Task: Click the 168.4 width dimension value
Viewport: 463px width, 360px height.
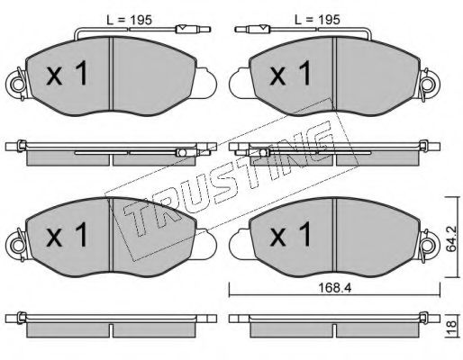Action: [334, 288]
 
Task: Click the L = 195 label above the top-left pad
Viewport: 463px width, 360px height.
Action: [130, 20]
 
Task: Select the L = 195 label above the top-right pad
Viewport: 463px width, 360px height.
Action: [317, 20]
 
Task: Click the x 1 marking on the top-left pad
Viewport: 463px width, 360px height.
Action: [67, 73]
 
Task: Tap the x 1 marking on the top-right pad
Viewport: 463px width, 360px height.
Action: [291, 73]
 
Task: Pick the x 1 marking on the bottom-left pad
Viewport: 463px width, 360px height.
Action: [67, 234]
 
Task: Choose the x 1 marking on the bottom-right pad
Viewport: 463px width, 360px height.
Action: [291, 234]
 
